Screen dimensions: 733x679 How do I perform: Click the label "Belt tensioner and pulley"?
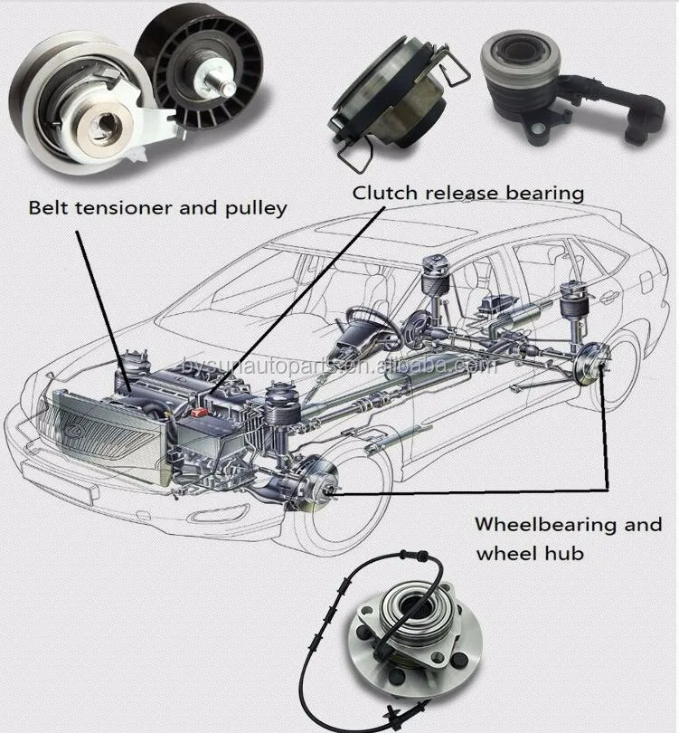click(x=157, y=208)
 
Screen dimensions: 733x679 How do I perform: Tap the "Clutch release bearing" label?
click(x=468, y=193)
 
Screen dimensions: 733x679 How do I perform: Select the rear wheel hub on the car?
click(x=591, y=367)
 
